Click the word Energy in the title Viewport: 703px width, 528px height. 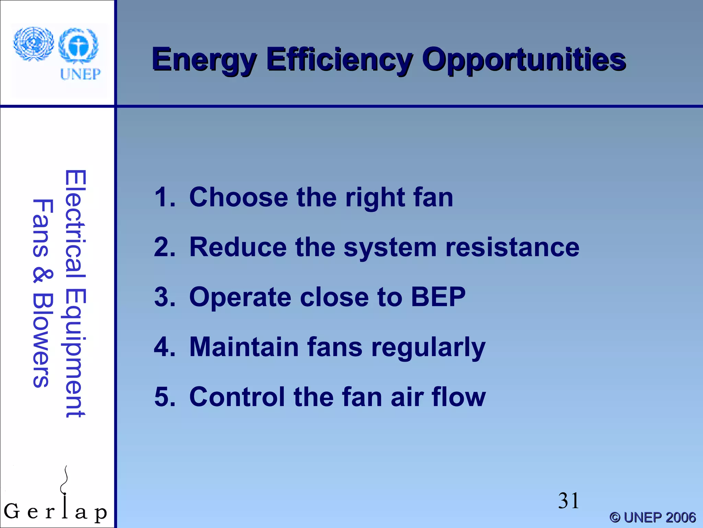[x=204, y=60]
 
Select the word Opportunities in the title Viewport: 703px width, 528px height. [x=524, y=60]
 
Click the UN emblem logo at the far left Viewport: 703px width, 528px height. [x=33, y=44]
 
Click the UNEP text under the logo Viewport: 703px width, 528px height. [x=80, y=74]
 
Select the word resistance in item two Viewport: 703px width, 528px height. [x=512, y=247]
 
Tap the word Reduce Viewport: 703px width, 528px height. [x=238, y=247]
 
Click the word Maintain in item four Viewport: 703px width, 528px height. [x=244, y=347]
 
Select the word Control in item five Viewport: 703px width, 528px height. [x=237, y=397]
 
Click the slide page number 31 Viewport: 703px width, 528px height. [x=568, y=500]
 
